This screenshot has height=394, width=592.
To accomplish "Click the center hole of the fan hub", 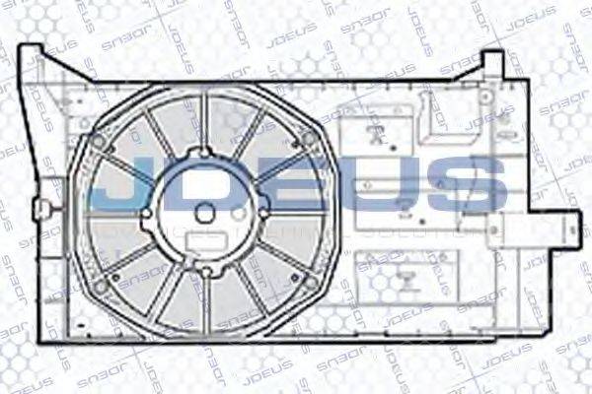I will (x=204, y=212).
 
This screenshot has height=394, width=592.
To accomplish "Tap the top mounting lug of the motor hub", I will (x=204, y=152).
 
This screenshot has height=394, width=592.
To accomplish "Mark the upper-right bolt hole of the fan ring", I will (x=309, y=139).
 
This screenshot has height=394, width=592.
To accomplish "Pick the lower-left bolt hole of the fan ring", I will (x=102, y=286).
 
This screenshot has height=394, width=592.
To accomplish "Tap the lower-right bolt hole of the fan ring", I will (x=310, y=283).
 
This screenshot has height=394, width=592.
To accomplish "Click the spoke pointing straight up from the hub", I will (x=204, y=120).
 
